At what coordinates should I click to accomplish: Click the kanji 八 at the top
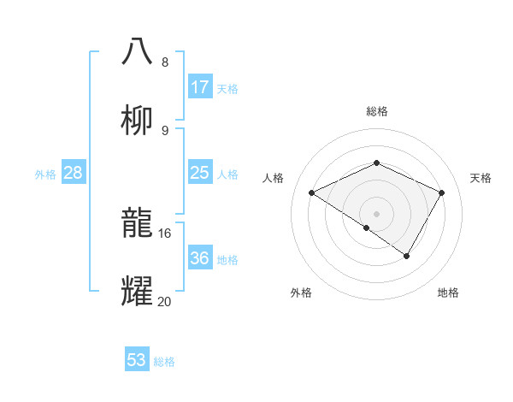(138, 51)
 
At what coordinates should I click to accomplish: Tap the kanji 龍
(138, 223)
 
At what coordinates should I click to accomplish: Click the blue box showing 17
(200, 86)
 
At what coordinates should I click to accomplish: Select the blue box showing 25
(200, 173)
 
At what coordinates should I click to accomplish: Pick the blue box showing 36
(200, 258)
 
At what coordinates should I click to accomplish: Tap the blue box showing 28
(74, 173)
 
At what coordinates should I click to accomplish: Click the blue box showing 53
(137, 360)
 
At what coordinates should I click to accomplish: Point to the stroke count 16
(164, 233)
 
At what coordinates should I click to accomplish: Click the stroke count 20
(164, 301)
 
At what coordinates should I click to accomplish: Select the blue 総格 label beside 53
(164, 362)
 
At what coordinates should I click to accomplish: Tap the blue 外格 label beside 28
(45, 174)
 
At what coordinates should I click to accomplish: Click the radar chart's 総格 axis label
(377, 111)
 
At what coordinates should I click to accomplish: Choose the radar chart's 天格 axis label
(481, 178)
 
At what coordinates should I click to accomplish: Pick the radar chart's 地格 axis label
(448, 293)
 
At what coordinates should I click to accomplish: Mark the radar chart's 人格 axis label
(274, 178)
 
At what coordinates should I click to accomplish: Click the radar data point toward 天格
(442, 192)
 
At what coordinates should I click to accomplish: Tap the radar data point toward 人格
(312, 192)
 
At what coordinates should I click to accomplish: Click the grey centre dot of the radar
(377, 213)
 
